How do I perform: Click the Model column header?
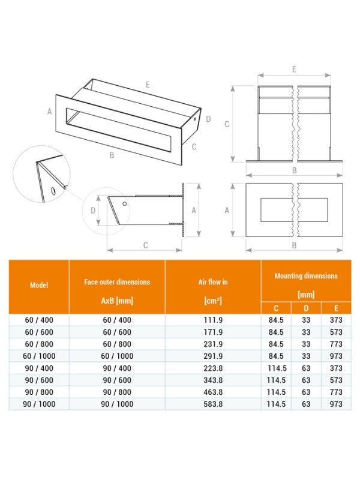click(x=39, y=286)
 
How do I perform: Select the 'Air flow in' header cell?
click(x=213, y=281)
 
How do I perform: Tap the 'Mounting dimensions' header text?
click(x=305, y=276)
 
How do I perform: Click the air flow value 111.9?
click(x=213, y=320)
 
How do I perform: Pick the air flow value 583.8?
click(x=213, y=404)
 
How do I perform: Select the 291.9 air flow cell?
click(x=213, y=356)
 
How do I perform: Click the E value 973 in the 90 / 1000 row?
click(x=336, y=404)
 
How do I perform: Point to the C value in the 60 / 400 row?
click(x=276, y=320)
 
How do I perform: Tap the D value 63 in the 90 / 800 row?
click(x=306, y=392)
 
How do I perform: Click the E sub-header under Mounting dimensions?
click(x=336, y=308)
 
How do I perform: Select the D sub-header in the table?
click(x=306, y=308)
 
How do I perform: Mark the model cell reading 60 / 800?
click(x=39, y=344)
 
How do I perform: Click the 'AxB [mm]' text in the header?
click(x=117, y=300)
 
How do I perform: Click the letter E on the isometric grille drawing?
click(x=147, y=85)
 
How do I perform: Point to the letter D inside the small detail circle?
click(x=93, y=211)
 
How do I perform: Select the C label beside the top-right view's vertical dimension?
click(x=226, y=124)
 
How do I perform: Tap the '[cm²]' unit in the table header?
click(x=213, y=300)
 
